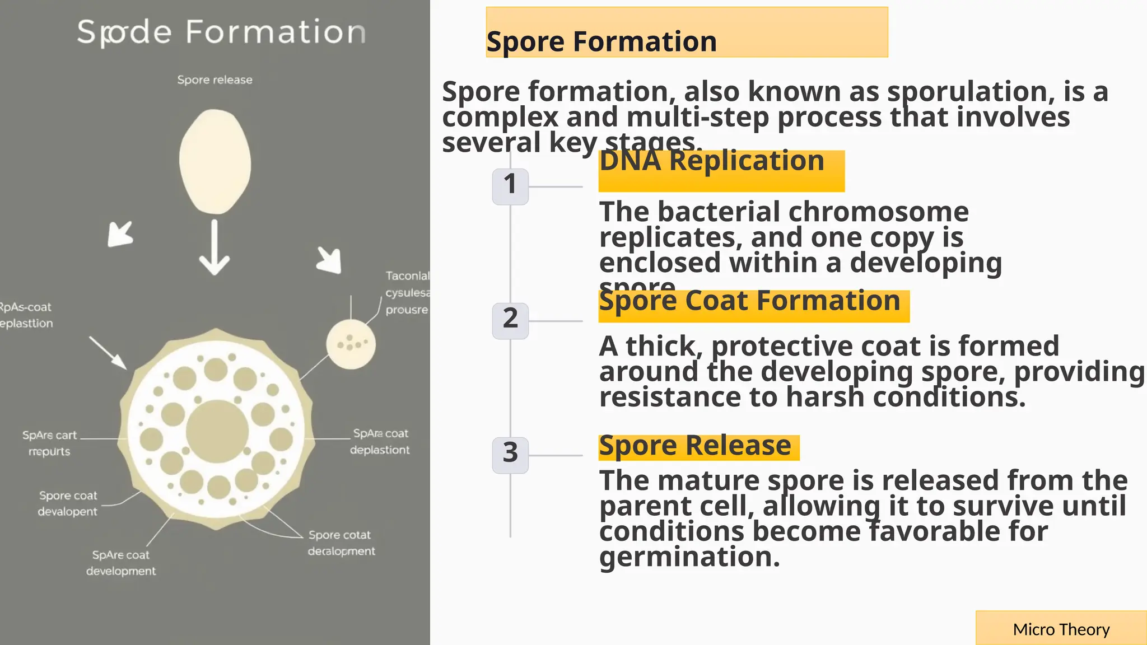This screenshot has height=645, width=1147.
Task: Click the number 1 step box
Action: click(510, 186)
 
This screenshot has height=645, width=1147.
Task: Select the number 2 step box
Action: click(510, 320)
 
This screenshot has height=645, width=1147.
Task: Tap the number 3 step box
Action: click(510, 455)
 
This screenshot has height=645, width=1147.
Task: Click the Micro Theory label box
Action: click(1061, 629)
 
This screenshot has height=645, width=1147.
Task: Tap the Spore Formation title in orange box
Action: click(602, 42)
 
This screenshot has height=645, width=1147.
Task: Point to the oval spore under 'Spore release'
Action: click(215, 161)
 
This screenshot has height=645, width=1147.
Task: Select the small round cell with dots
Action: click(351, 344)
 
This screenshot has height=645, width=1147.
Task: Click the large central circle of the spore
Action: click(217, 431)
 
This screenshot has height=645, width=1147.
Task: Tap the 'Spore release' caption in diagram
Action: click(215, 80)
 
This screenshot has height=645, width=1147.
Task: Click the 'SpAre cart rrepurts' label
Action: click(49, 443)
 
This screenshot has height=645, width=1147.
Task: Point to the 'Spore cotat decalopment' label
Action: click(341, 543)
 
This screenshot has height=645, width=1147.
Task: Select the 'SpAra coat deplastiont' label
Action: click(380, 441)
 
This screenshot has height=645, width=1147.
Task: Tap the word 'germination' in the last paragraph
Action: click(689, 557)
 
